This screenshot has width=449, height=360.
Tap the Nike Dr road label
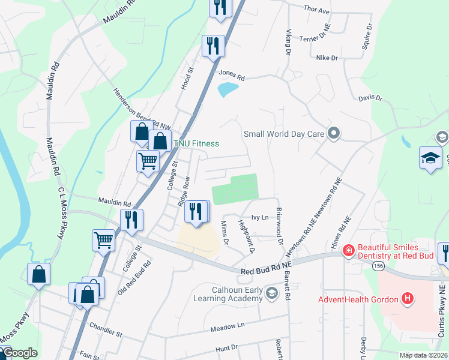pos(327,58)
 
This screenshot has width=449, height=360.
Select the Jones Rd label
pos(232,75)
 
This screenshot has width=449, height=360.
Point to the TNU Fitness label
pos(196,143)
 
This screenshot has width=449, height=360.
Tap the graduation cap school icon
pos(430,158)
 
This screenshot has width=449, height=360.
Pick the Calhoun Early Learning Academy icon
pos(272,293)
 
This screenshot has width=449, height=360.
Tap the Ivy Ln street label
pos(259,218)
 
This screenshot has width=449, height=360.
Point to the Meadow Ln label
pos(228,326)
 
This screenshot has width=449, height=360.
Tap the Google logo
pos(19,353)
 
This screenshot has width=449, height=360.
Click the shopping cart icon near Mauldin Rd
pos(148,160)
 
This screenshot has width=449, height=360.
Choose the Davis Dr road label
pos(370,97)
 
